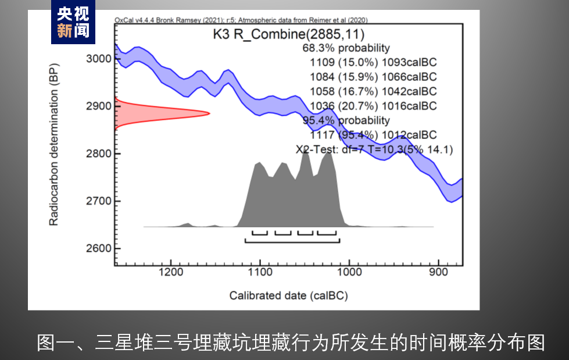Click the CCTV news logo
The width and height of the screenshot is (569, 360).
click(x=73, y=22)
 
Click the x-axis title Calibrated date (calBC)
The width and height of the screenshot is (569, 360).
click(x=288, y=295)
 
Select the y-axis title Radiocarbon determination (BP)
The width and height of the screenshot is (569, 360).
click(x=54, y=153)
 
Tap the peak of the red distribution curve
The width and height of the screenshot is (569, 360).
click(x=208, y=113)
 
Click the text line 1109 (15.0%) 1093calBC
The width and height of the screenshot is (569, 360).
click(x=373, y=62)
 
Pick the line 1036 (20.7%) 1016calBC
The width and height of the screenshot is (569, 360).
click(x=373, y=106)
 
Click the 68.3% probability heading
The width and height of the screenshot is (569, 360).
click(x=346, y=48)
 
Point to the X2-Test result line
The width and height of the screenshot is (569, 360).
click(x=374, y=149)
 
